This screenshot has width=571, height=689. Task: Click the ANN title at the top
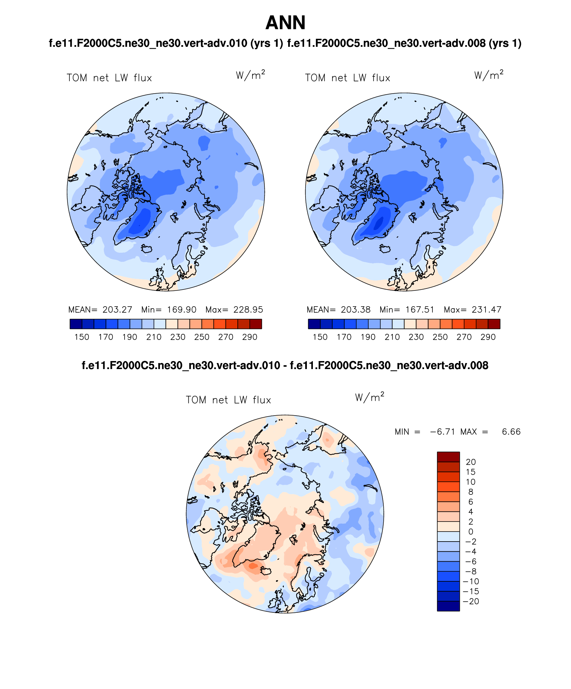tap(285, 23)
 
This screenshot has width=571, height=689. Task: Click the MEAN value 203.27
tap(117, 310)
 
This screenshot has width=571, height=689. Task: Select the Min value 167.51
tap(420, 310)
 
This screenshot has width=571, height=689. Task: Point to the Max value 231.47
tap(487, 310)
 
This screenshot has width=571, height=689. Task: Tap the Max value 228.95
tap(248, 310)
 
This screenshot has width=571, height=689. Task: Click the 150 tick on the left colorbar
tap(82, 337)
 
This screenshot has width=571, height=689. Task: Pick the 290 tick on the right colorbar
tap(488, 337)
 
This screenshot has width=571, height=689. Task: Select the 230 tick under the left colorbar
tap(178, 337)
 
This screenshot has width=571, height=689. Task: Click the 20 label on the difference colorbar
tap(471, 462)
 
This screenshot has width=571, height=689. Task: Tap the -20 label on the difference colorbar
tap(471, 601)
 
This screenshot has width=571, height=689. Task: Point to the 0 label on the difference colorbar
tap(471, 532)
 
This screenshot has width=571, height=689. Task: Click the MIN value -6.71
tap(442, 432)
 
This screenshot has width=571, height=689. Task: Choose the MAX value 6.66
tap(511, 432)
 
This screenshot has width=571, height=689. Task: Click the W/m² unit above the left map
tap(250, 75)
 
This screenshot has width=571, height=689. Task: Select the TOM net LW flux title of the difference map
tap(228, 400)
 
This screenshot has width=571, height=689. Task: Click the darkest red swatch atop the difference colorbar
tap(448, 457)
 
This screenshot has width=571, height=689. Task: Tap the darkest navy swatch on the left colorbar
tap(76, 324)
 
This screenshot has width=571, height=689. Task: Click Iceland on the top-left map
tap(147, 249)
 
